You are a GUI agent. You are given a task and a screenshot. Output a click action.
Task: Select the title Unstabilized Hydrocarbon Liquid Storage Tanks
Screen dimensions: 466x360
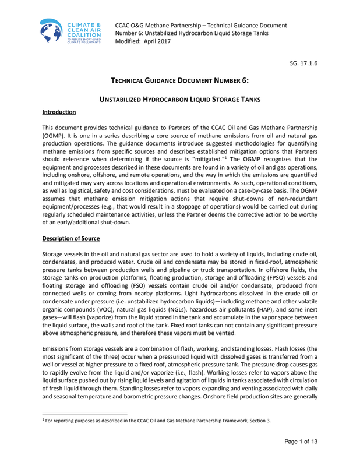coord(181,100)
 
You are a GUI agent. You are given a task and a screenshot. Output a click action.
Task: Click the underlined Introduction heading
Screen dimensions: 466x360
coord(59,111)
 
